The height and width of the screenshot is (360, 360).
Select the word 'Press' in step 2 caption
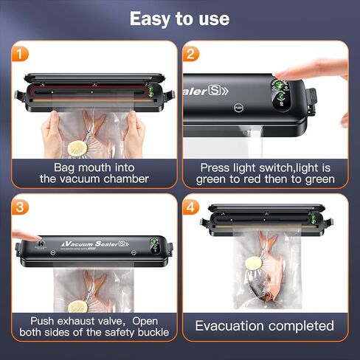(215, 167)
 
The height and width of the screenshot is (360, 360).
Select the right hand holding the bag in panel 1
(135, 133)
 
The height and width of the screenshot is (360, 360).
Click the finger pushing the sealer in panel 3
(16, 238)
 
